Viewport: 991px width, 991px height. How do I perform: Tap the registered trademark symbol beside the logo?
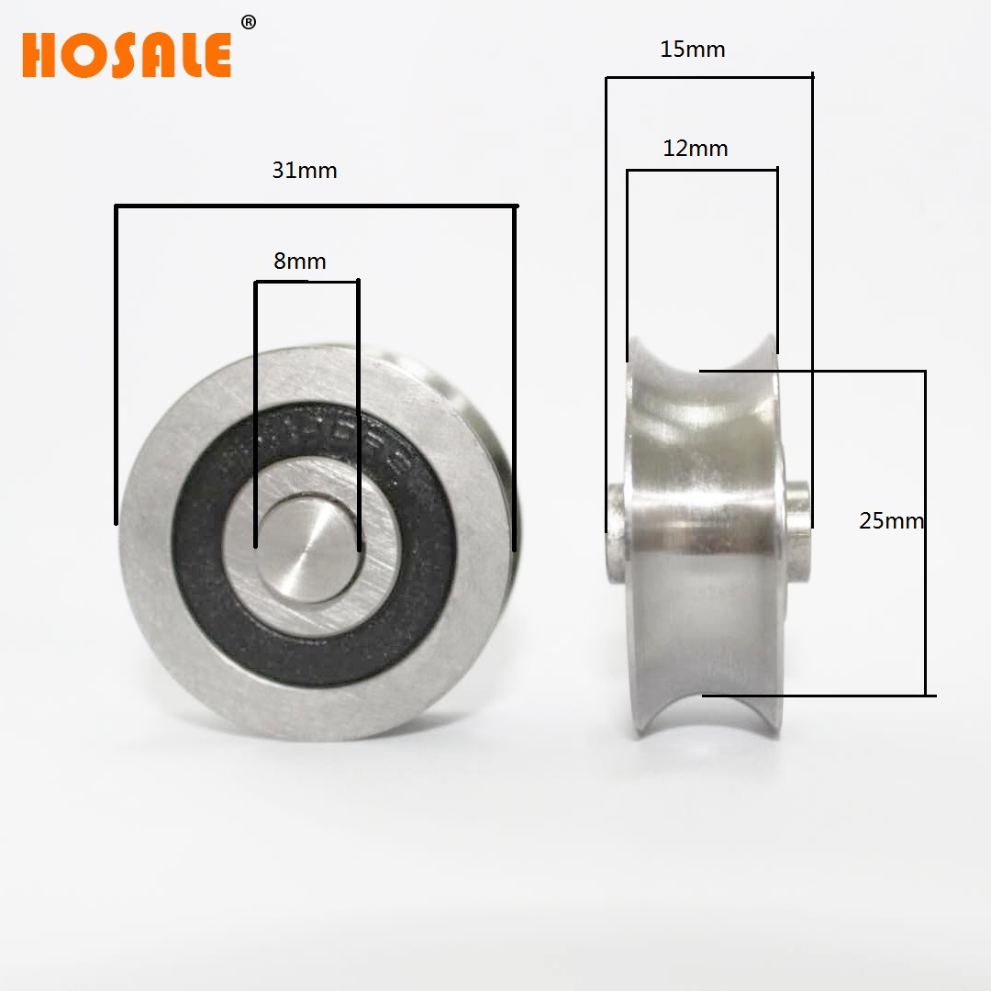(248, 23)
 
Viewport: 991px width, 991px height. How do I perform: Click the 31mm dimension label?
(304, 170)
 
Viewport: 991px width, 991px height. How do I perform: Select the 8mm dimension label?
(300, 262)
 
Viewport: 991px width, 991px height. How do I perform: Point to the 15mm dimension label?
(693, 50)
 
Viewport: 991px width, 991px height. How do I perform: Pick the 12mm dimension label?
(696, 148)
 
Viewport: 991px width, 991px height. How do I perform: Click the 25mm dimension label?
(890, 520)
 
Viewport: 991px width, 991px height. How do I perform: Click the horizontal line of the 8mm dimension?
(306, 282)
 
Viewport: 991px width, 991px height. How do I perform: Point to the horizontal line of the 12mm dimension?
(702, 170)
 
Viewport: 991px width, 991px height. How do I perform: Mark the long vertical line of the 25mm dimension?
(924, 532)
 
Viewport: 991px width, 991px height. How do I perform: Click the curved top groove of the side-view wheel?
(702, 367)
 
